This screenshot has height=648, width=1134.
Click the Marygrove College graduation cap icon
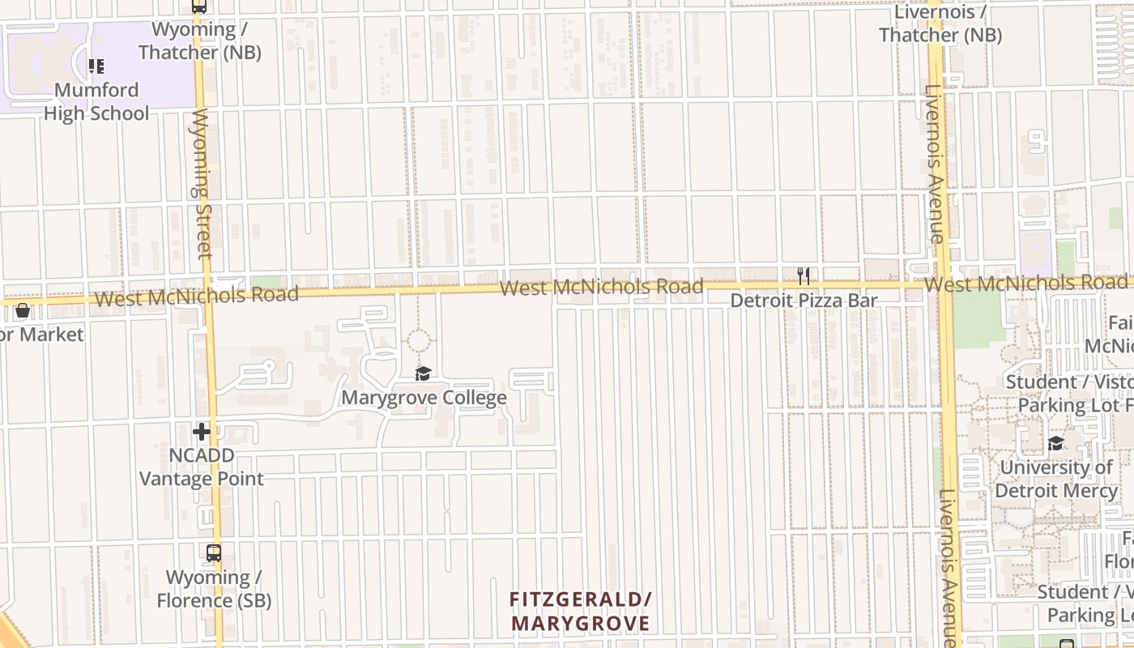point(423,373)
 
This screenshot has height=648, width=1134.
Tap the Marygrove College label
point(424,398)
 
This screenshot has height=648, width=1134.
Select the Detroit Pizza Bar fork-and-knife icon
point(803,276)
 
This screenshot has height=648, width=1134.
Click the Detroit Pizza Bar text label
point(804,301)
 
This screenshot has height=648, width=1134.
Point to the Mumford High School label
point(96,101)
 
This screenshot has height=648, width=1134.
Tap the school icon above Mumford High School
point(96,66)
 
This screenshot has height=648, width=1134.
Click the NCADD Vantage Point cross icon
point(202,432)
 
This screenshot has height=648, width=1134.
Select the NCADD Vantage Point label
point(202,467)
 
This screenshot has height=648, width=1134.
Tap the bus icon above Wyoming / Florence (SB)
point(214,554)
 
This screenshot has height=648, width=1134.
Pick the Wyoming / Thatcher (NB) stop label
point(199,41)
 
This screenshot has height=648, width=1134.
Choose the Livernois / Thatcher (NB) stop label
point(940,24)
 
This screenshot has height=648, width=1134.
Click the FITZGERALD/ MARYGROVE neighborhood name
point(580,612)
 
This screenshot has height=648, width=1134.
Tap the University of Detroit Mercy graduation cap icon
point(1055,443)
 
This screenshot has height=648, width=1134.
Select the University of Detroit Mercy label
point(1055,479)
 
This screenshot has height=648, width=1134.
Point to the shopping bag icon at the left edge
point(23,310)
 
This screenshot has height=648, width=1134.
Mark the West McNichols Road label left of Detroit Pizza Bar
point(601,287)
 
